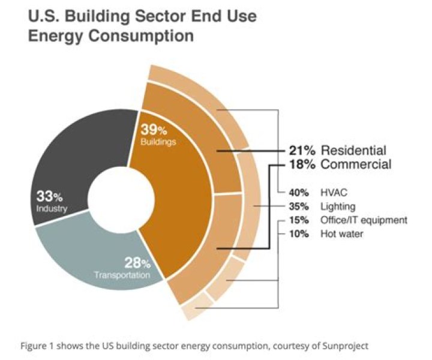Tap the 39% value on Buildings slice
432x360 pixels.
[153, 130]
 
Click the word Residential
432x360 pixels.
[353, 150]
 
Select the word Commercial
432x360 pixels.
[356, 164]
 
